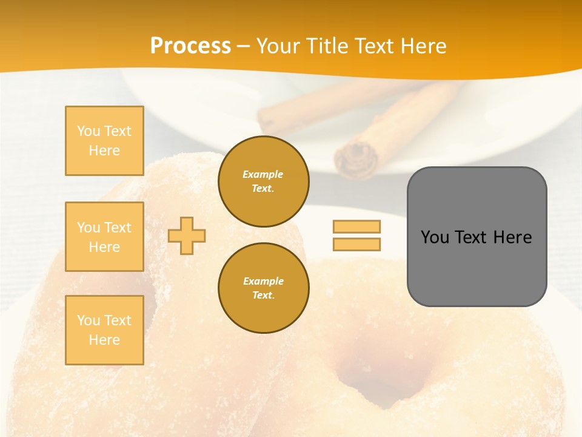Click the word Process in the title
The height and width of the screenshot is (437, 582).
coord(190,46)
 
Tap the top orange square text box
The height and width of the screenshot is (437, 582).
coord(104,141)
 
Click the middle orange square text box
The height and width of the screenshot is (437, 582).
coord(104,237)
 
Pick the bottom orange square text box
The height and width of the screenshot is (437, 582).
coord(104,330)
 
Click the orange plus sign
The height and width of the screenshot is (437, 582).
coord(187,235)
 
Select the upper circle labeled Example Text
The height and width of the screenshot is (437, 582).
coord(263,181)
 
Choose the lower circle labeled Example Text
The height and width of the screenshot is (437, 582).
coord(263,288)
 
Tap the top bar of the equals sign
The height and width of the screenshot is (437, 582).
coord(356,226)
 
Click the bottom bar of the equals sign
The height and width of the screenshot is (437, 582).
coord(356,245)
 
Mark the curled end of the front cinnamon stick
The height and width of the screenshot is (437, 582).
coord(356,158)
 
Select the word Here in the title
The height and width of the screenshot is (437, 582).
coord(424,46)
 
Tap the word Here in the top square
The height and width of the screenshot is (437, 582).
coord(104,151)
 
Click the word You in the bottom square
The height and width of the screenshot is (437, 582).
coord(89,320)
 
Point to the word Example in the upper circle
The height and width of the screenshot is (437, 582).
coord(263,174)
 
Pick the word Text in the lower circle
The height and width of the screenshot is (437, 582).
coord(263,296)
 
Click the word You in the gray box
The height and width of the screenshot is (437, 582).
coord(435,237)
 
